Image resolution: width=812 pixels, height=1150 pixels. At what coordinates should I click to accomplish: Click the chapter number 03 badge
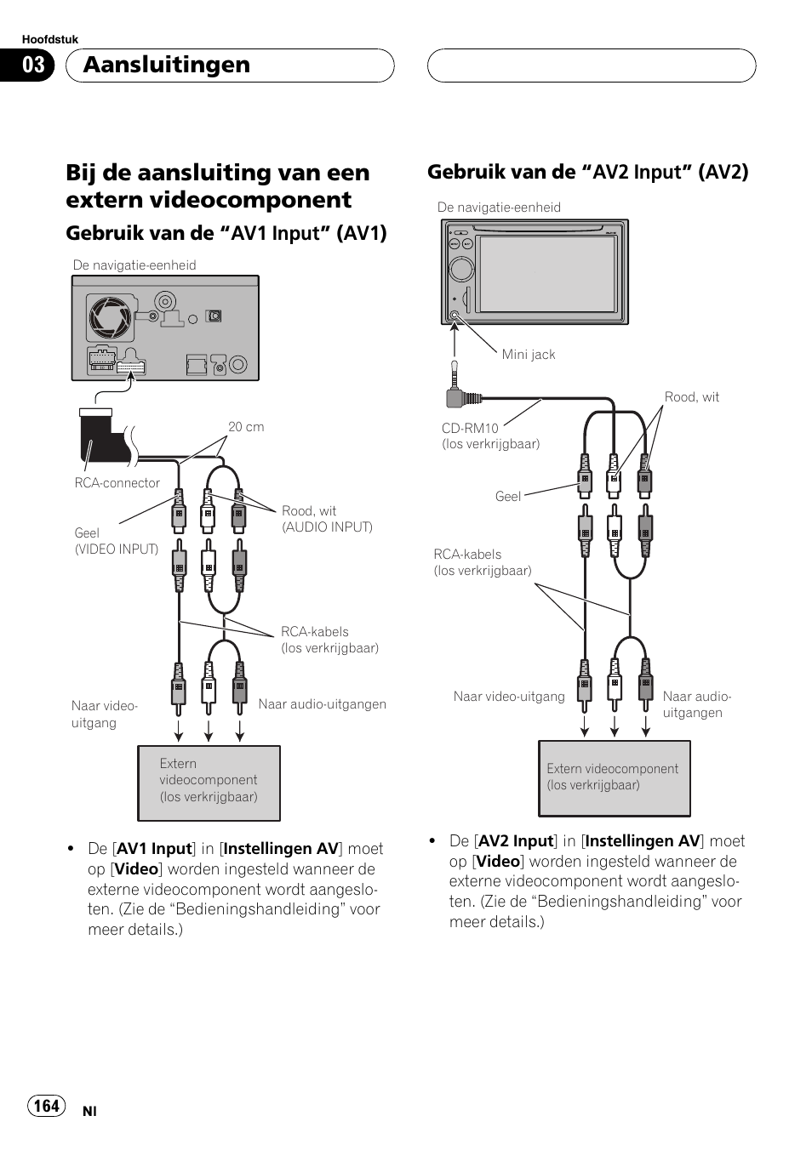[x=33, y=65]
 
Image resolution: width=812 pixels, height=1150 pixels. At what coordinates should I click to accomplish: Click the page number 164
[x=47, y=1105]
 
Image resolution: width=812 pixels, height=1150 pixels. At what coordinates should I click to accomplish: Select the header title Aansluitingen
[x=167, y=65]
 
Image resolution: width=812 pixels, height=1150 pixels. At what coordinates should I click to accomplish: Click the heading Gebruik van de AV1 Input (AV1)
[x=226, y=233]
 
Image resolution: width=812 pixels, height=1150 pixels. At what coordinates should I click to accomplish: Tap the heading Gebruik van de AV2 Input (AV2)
[x=587, y=172]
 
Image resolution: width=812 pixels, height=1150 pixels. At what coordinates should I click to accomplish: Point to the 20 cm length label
[x=246, y=427]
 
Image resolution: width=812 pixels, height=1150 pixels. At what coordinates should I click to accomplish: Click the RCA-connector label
[x=117, y=482]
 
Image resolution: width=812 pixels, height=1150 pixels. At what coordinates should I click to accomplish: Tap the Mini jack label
[x=528, y=355]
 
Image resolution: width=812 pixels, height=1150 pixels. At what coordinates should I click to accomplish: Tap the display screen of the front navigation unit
[x=547, y=274]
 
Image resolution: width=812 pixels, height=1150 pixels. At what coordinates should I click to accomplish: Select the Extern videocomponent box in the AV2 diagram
[x=614, y=777]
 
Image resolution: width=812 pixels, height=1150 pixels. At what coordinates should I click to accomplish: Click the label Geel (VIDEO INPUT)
[x=116, y=541]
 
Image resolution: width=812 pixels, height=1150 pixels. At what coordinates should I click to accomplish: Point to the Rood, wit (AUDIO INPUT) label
[x=327, y=519]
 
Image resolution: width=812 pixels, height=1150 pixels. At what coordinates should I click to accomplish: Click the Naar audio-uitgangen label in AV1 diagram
[x=322, y=704]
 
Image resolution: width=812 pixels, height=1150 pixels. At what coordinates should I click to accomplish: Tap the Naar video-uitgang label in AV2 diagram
[x=508, y=697]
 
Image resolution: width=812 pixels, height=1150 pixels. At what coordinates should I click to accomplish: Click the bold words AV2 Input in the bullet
[x=516, y=841]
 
